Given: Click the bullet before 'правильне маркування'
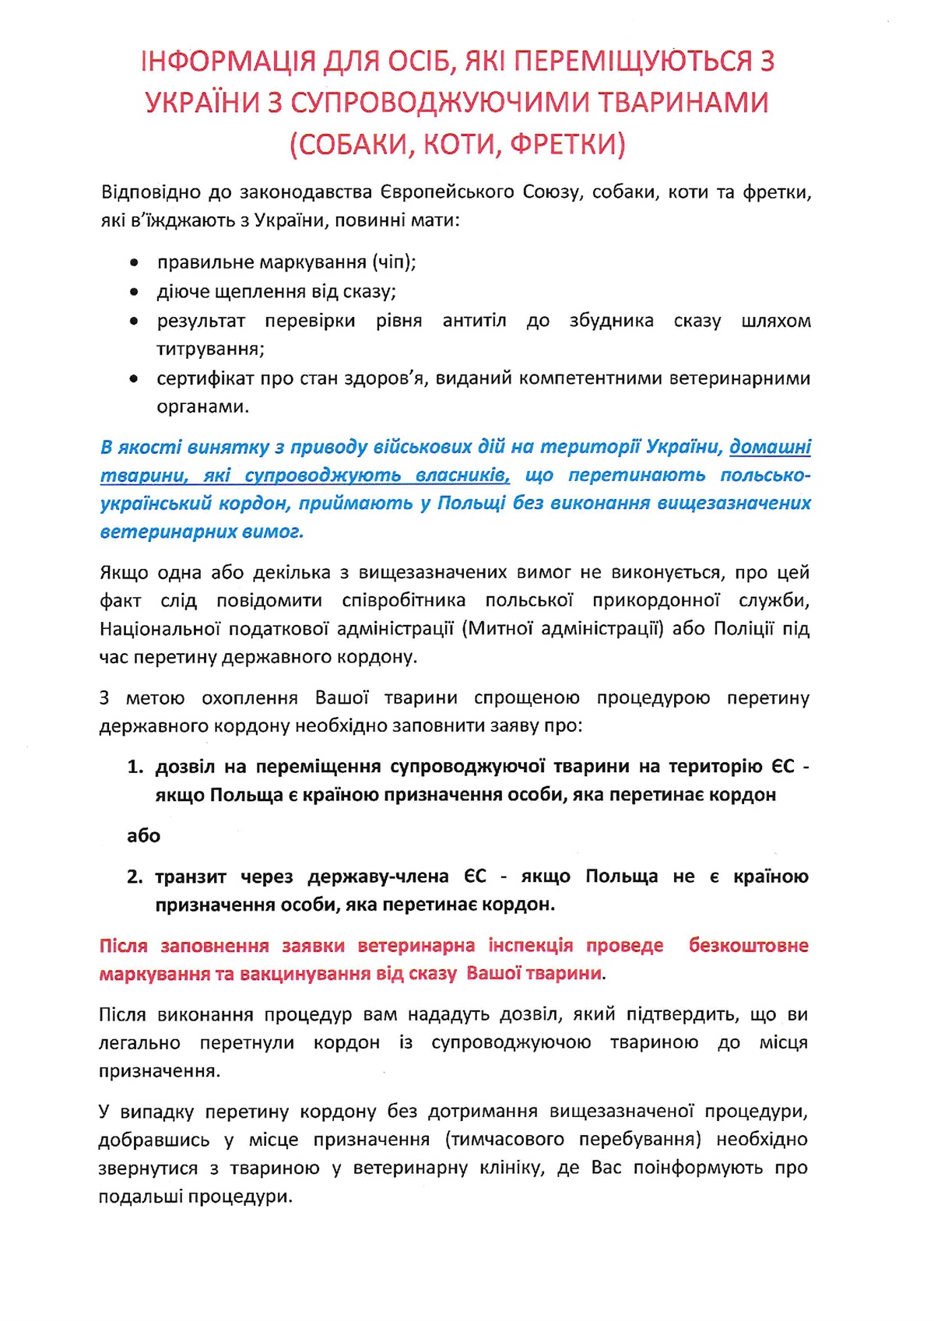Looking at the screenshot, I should point(135,263).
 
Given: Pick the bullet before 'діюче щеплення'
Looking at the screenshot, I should point(135,293).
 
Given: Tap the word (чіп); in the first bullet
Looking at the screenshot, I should point(393,262).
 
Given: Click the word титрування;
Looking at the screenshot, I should point(210,350).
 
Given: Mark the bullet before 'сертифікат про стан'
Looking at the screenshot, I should point(135,379).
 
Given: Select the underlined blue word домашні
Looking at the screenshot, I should point(770,447).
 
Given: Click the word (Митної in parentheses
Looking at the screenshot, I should point(497,628).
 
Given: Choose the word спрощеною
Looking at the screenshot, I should point(526,697).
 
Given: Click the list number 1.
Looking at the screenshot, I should point(135,767).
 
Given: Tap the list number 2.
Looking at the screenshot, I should point(135,877).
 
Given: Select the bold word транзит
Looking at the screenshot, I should point(191,877).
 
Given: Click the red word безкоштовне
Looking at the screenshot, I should point(748,946).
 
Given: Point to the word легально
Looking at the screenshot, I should point(139,1043).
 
